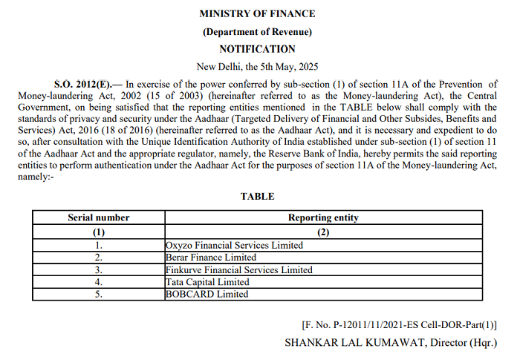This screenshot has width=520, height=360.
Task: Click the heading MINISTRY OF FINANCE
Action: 257,13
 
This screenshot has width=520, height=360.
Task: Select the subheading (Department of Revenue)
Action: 257,31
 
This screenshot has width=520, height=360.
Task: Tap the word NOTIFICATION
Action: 257,49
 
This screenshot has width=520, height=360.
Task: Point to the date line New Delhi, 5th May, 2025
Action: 257,66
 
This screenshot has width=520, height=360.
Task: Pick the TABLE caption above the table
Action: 257,197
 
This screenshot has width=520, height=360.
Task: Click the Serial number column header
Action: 98,218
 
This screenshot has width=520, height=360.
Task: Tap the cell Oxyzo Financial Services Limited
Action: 234,245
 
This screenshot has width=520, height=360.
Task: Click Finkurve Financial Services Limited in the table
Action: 238,270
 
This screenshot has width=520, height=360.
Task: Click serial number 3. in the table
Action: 98,270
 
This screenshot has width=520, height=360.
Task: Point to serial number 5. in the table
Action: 98,295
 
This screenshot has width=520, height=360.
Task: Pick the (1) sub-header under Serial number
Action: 98,232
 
